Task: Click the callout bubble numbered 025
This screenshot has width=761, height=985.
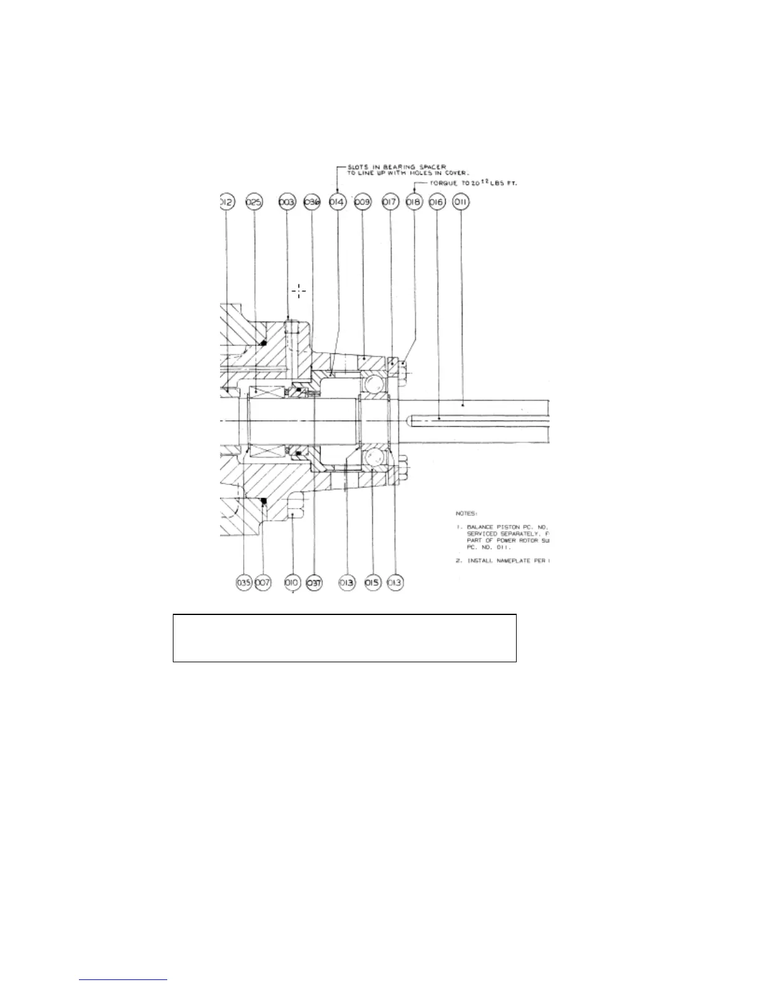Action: click(254, 203)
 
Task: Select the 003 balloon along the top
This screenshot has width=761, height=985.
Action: click(287, 203)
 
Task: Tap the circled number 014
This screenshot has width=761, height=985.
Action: click(337, 203)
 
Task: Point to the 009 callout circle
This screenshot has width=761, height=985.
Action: click(362, 203)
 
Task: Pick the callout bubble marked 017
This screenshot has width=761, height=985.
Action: click(390, 203)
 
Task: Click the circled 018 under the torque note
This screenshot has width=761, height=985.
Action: click(413, 203)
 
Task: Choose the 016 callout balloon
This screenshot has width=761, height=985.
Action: click(437, 203)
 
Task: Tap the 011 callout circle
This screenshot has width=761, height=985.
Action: click(461, 203)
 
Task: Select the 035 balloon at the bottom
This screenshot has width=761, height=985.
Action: click(244, 583)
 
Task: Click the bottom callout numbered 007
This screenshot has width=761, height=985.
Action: click(263, 583)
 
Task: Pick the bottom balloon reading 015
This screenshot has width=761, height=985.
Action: click(372, 583)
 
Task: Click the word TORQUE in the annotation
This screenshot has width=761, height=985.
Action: click(442, 183)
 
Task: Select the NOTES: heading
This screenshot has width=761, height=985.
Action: click(466, 514)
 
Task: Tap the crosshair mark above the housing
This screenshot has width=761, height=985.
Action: click(299, 290)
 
